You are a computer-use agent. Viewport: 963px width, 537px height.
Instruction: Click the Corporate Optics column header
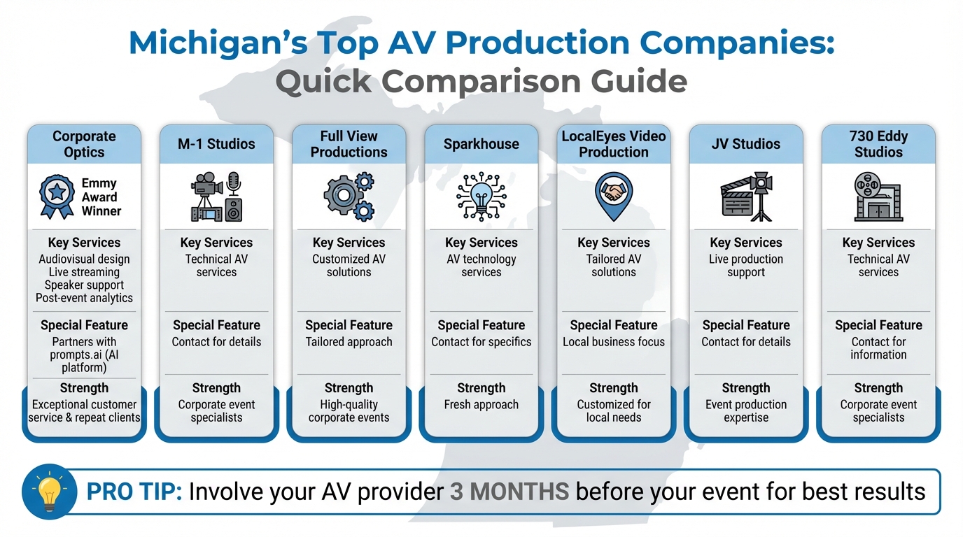(x=84, y=144)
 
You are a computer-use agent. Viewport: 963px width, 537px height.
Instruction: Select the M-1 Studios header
(x=216, y=144)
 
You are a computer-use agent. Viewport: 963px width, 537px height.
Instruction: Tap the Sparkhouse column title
(x=481, y=144)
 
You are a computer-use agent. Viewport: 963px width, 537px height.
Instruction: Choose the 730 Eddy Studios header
(x=878, y=144)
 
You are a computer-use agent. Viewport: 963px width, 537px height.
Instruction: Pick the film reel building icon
(x=878, y=197)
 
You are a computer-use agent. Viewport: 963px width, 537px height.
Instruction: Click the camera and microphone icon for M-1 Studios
(x=216, y=196)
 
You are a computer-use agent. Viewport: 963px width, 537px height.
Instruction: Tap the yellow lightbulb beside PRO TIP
(x=49, y=492)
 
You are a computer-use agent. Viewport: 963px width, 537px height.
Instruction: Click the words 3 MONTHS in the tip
(x=509, y=492)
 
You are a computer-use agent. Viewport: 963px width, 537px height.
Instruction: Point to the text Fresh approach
(x=481, y=404)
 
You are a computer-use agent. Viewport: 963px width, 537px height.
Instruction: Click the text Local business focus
(x=613, y=342)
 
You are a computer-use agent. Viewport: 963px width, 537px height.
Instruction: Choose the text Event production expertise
(x=746, y=411)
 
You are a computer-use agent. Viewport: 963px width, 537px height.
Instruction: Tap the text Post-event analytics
(x=84, y=298)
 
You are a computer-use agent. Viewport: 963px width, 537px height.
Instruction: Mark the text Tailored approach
(x=349, y=342)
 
